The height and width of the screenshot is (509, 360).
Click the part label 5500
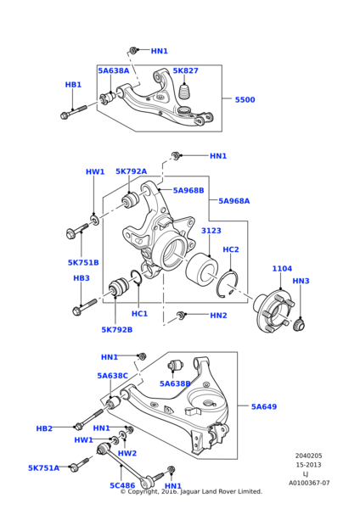pos(245,99)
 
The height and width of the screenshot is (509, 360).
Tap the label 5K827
pos(186,70)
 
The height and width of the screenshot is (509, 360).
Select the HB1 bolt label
pos(73,85)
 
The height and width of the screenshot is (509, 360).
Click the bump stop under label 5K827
pos(185,92)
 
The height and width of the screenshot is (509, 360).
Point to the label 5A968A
pos(234,201)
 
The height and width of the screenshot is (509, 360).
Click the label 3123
pos(211,231)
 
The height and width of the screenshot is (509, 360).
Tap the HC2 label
pos(231,249)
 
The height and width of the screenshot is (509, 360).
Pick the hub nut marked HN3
pos(299,325)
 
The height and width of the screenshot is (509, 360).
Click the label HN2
pos(219,316)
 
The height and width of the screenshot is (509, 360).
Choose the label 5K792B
pos(117,330)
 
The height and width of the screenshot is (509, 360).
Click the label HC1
pos(140,314)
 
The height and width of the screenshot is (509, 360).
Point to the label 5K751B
pos(83,262)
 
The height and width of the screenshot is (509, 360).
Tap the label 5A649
pos(264,406)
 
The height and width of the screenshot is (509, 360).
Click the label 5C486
pos(122,485)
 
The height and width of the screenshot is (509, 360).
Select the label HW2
pos(127,453)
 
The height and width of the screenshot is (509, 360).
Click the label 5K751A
pos(43,468)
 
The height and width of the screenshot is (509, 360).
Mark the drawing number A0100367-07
pos(309,483)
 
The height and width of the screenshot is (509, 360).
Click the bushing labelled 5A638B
pos(176,366)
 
